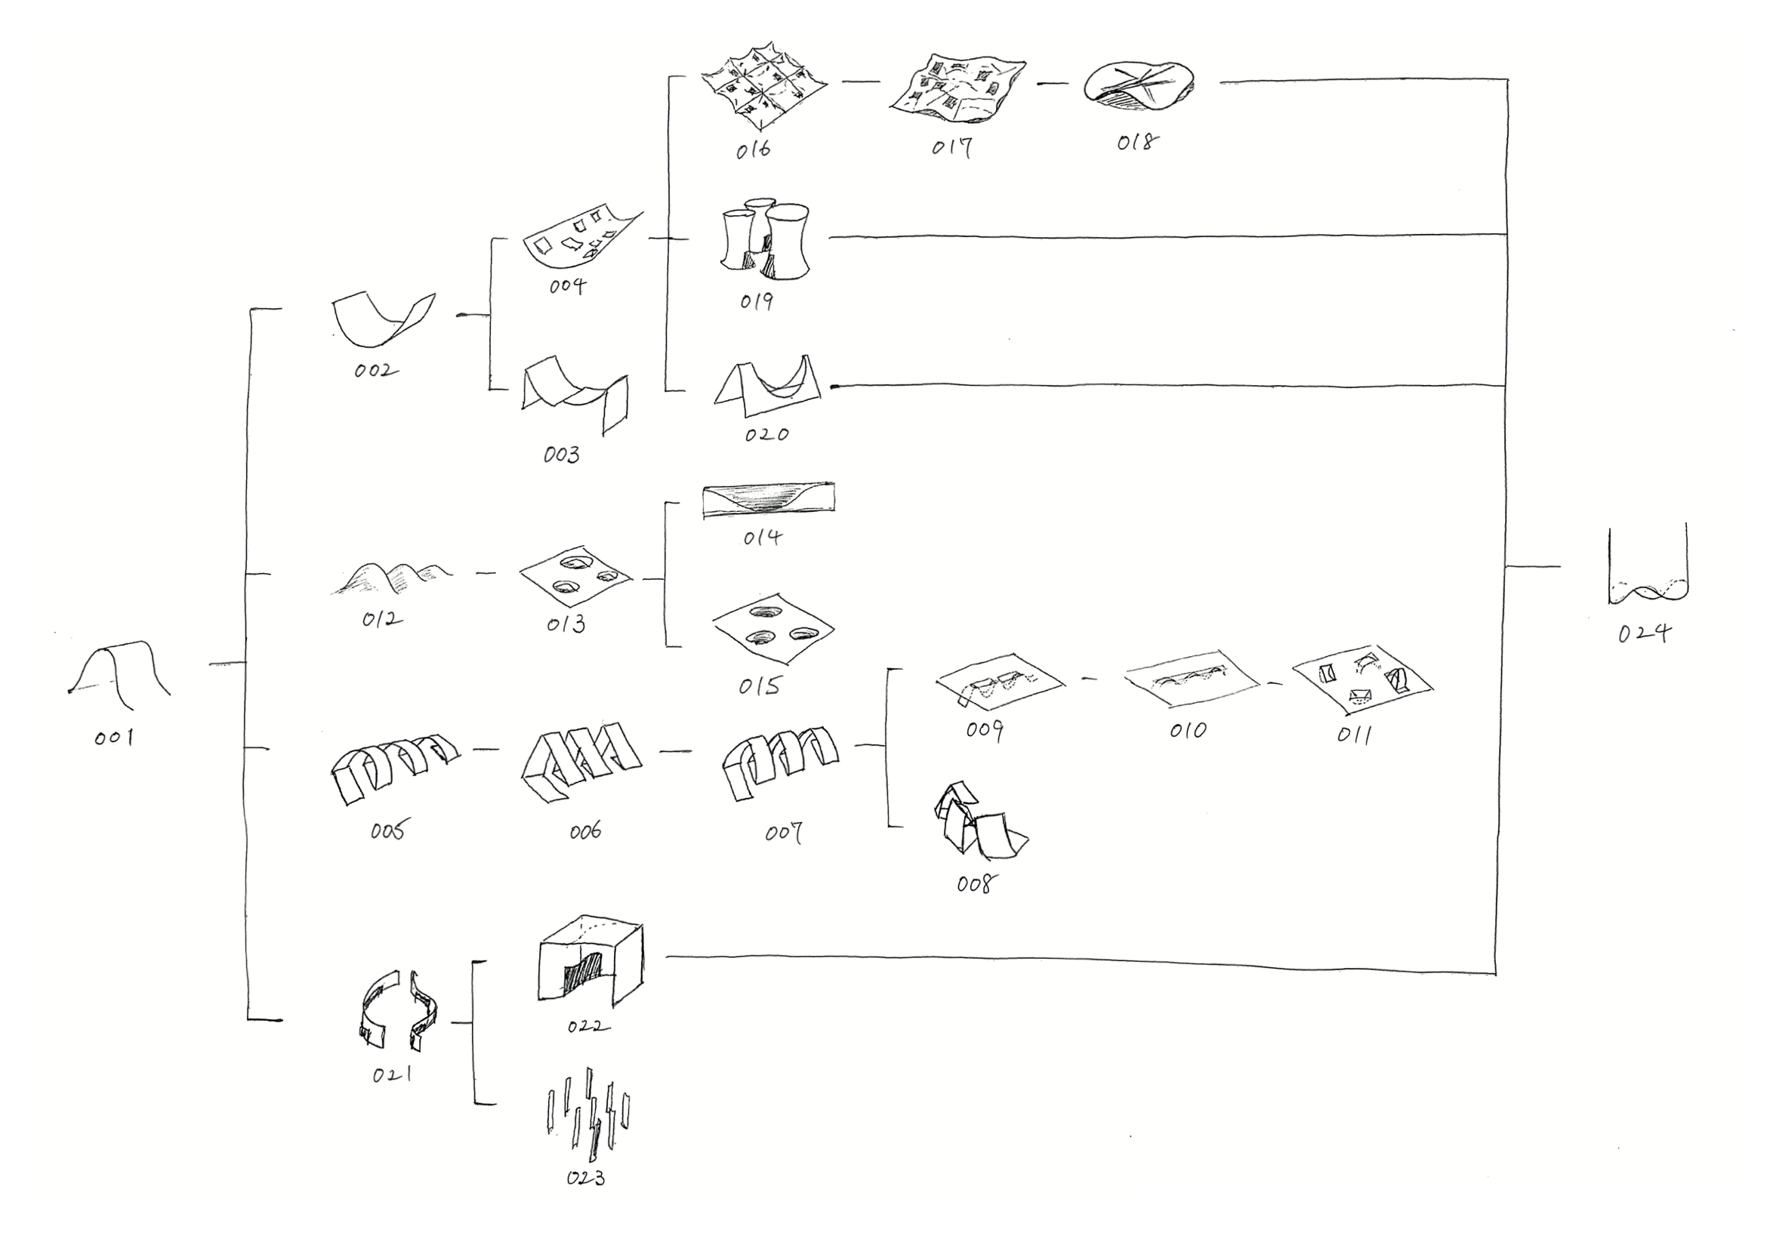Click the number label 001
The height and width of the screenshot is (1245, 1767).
pyautogui.click(x=114, y=738)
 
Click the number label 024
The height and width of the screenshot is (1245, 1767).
pyautogui.click(x=1644, y=633)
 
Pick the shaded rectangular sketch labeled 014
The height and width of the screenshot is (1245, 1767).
pyautogui.click(x=768, y=500)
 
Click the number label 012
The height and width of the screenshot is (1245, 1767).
pyautogui.click(x=382, y=618)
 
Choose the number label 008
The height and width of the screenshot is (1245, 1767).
pyautogui.click(x=974, y=884)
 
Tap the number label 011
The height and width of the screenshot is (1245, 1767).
pyautogui.click(x=1355, y=735)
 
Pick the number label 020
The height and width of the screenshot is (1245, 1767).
pyautogui.click(x=766, y=435)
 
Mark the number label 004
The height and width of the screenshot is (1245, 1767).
pyautogui.click(x=567, y=286)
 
